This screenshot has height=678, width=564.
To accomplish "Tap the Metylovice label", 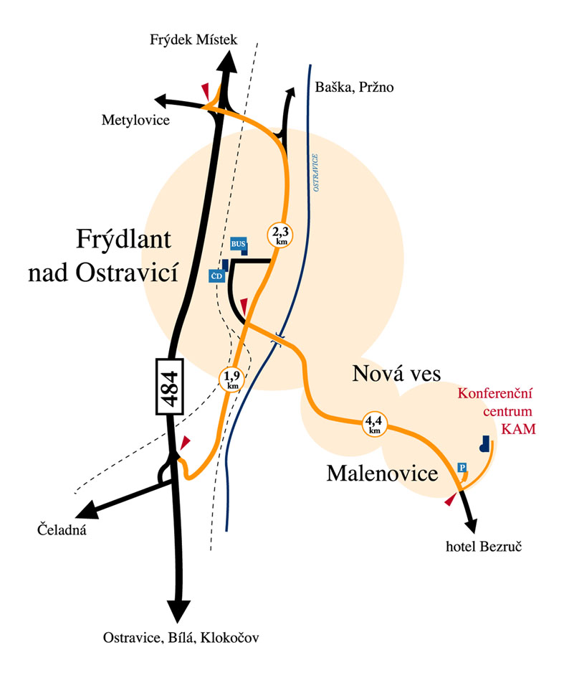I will click(x=135, y=120).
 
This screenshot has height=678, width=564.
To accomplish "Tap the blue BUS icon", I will click(x=239, y=244).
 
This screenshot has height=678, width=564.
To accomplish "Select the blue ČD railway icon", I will click(x=216, y=276).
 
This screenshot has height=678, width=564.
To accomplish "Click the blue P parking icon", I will click(x=462, y=468).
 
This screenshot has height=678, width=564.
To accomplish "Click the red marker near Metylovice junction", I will click(x=206, y=92).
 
